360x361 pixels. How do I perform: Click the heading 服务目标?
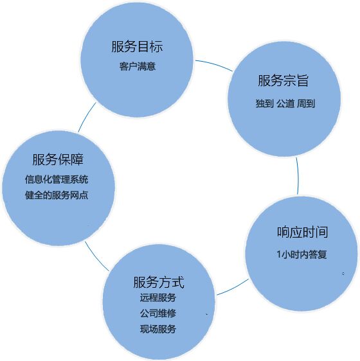(137, 46)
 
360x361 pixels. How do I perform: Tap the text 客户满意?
(138, 67)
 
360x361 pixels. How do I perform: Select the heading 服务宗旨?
(283, 80)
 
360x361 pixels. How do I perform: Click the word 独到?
(265, 103)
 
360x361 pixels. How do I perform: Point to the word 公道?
(285, 103)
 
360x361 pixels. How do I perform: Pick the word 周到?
(306, 103)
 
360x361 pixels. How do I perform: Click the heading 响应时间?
(302, 232)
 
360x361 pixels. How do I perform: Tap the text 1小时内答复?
(301, 254)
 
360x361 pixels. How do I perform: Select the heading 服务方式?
(159, 282)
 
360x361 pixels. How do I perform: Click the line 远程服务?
(158, 297)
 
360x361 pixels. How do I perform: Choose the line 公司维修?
(158, 313)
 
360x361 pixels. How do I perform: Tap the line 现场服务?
(158, 329)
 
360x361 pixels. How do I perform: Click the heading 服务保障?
(58, 159)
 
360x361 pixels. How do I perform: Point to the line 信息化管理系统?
(57, 180)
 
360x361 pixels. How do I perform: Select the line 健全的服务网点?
(57, 195)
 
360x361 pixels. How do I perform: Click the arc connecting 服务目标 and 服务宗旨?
(214, 64)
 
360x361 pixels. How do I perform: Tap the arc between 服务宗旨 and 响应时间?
(298, 176)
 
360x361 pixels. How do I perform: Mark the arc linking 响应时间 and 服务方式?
(233, 288)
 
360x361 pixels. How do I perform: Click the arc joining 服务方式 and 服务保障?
(96, 258)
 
